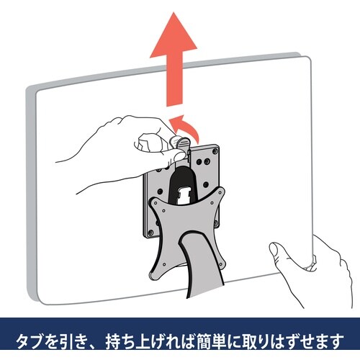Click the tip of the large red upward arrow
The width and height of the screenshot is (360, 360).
[174, 12]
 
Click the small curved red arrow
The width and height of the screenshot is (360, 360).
[185, 126]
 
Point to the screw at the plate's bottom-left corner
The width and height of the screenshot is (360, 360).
[150, 232]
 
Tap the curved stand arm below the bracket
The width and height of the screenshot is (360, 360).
[202, 264]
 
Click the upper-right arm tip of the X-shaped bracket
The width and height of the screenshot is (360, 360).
[220, 193]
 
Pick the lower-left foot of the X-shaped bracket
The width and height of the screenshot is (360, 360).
[154, 274]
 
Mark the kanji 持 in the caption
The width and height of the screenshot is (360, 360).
[113, 341]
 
